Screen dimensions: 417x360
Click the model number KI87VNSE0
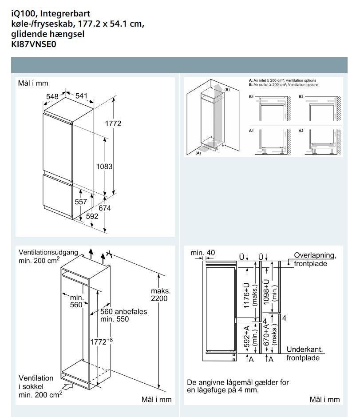pyautogui.click(x=32, y=44)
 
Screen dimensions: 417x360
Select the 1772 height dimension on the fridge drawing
pyautogui.click(x=113, y=123)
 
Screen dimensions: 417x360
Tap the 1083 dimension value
pyautogui.click(x=104, y=167)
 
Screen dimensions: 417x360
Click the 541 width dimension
pyautogui.click(x=81, y=95)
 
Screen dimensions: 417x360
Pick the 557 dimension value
pyautogui.click(x=81, y=202)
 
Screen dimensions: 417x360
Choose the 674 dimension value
pyautogui.click(x=105, y=208)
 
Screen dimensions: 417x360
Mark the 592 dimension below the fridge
pyautogui.click(x=92, y=216)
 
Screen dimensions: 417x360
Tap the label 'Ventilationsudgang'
pyautogui.click(x=48, y=252)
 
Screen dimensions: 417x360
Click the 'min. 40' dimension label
pyautogui.click(x=203, y=253)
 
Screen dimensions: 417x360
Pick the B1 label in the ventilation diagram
pyautogui.click(x=251, y=96)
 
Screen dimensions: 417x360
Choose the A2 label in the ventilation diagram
pyautogui.click(x=301, y=131)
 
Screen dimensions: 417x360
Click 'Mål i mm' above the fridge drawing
pyautogui.click(x=33, y=83)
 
